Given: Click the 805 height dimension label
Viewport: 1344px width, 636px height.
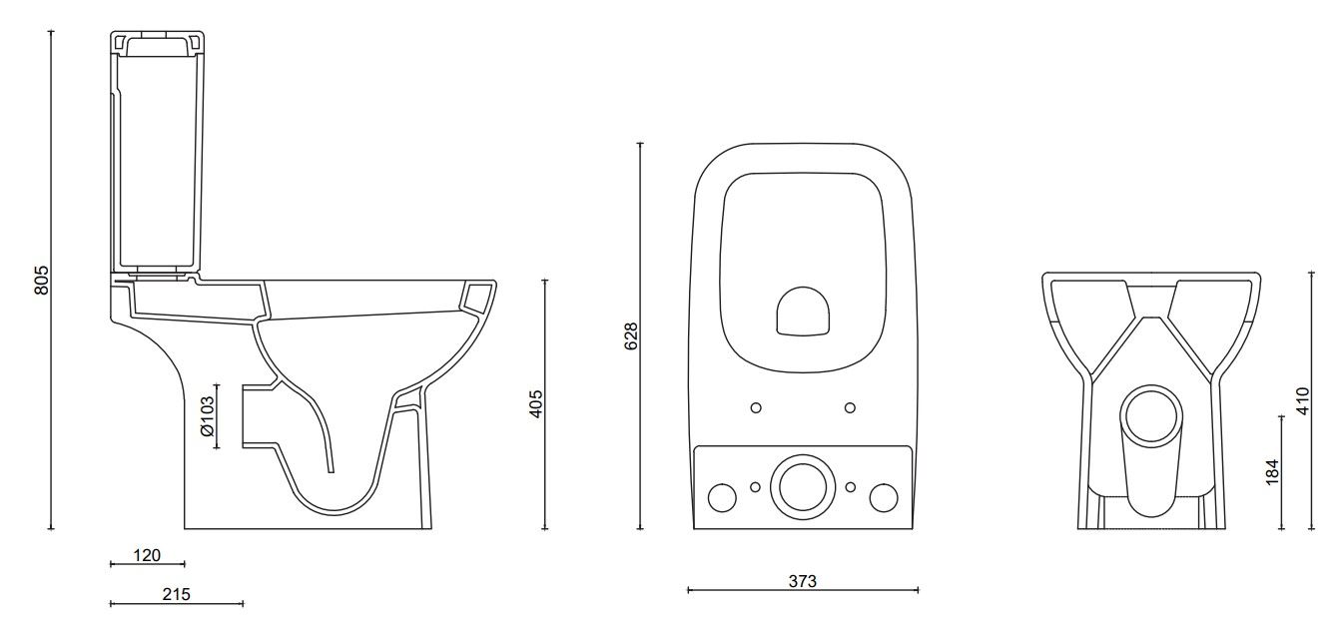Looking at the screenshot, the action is pyautogui.click(x=41, y=281).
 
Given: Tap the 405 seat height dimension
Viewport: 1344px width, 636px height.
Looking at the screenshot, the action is pyautogui.click(x=536, y=404).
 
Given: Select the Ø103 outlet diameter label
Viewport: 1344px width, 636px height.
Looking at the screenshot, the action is pyautogui.click(x=207, y=415).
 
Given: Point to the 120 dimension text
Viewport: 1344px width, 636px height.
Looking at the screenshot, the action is pyautogui.click(x=147, y=555).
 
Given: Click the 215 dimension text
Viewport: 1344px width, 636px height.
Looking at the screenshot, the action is pyautogui.click(x=177, y=595).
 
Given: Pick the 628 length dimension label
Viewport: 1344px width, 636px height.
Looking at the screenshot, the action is pyautogui.click(x=631, y=336).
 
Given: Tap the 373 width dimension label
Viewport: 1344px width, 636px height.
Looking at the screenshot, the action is pyautogui.click(x=803, y=581).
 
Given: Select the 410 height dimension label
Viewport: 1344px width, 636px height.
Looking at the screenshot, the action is pyautogui.click(x=1303, y=401).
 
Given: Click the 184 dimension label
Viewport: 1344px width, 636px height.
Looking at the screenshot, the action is pyautogui.click(x=1271, y=472).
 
